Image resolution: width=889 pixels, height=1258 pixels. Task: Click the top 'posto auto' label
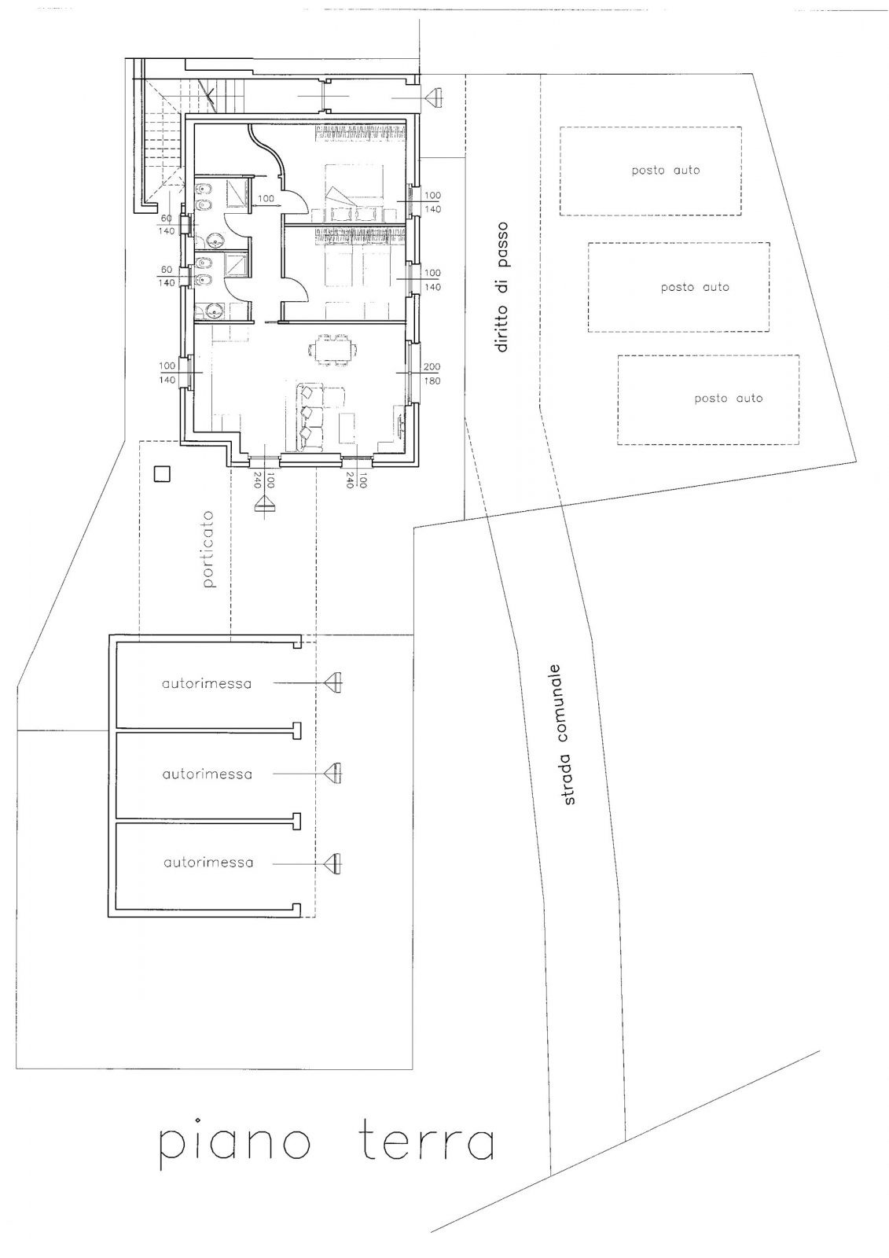click(x=666, y=170)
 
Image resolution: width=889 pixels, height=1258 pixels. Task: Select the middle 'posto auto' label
click(x=695, y=287)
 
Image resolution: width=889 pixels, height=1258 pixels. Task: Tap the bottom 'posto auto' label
click(x=729, y=398)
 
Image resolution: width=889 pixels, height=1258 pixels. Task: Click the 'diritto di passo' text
click(x=502, y=287)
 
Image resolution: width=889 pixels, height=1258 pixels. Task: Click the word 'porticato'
click(x=209, y=549)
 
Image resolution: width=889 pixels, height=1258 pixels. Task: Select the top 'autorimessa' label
click(x=207, y=684)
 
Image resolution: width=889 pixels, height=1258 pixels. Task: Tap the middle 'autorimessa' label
click(x=208, y=774)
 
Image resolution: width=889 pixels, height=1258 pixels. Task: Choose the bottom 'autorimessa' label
click(x=208, y=863)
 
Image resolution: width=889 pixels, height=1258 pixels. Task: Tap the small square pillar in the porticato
click(x=162, y=474)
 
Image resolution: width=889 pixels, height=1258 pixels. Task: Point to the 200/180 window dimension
click(x=432, y=373)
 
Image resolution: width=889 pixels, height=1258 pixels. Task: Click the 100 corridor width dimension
click(x=266, y=198)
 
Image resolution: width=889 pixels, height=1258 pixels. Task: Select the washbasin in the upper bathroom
click(x=215, y=241)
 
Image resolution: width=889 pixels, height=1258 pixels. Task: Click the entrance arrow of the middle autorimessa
click(x=334, y=774)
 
